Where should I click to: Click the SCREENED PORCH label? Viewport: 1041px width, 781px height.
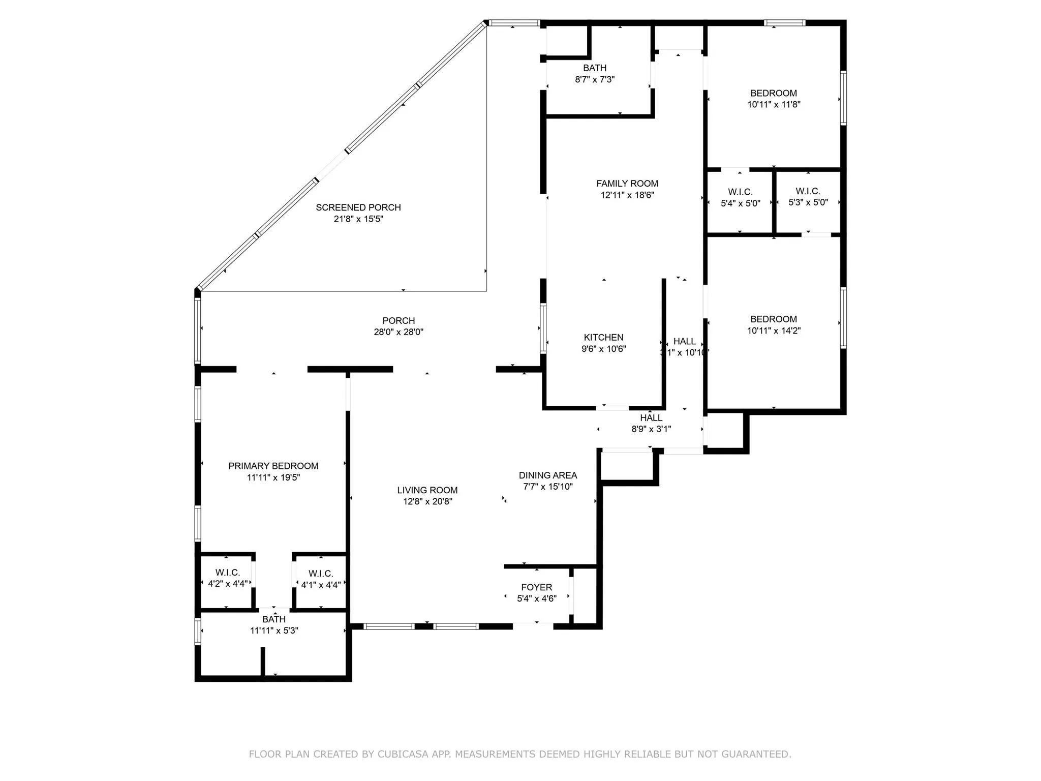pos(358,207)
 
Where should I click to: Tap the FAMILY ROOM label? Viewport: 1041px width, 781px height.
pos(627,184)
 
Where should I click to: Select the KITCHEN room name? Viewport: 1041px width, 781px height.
pos(603,338)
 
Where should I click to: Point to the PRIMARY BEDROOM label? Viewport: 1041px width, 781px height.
pos(273,466)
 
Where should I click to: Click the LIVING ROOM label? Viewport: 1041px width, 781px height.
pos(427,491)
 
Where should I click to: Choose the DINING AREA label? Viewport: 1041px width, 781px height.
pos(548,475)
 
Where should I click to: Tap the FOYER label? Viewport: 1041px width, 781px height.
pos(537,587)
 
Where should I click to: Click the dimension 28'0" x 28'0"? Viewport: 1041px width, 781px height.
pos(399,332)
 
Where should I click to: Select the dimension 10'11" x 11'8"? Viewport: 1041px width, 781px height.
pos(774,105)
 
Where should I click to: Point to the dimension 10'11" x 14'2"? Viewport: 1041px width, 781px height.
pos(774,331)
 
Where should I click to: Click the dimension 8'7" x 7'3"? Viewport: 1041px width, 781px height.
pos(595,79)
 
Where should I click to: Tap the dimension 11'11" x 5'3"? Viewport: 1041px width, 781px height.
pos(274,631)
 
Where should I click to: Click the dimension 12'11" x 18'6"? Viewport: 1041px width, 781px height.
pos(627,195)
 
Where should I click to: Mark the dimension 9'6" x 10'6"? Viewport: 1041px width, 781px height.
pos(604,349)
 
